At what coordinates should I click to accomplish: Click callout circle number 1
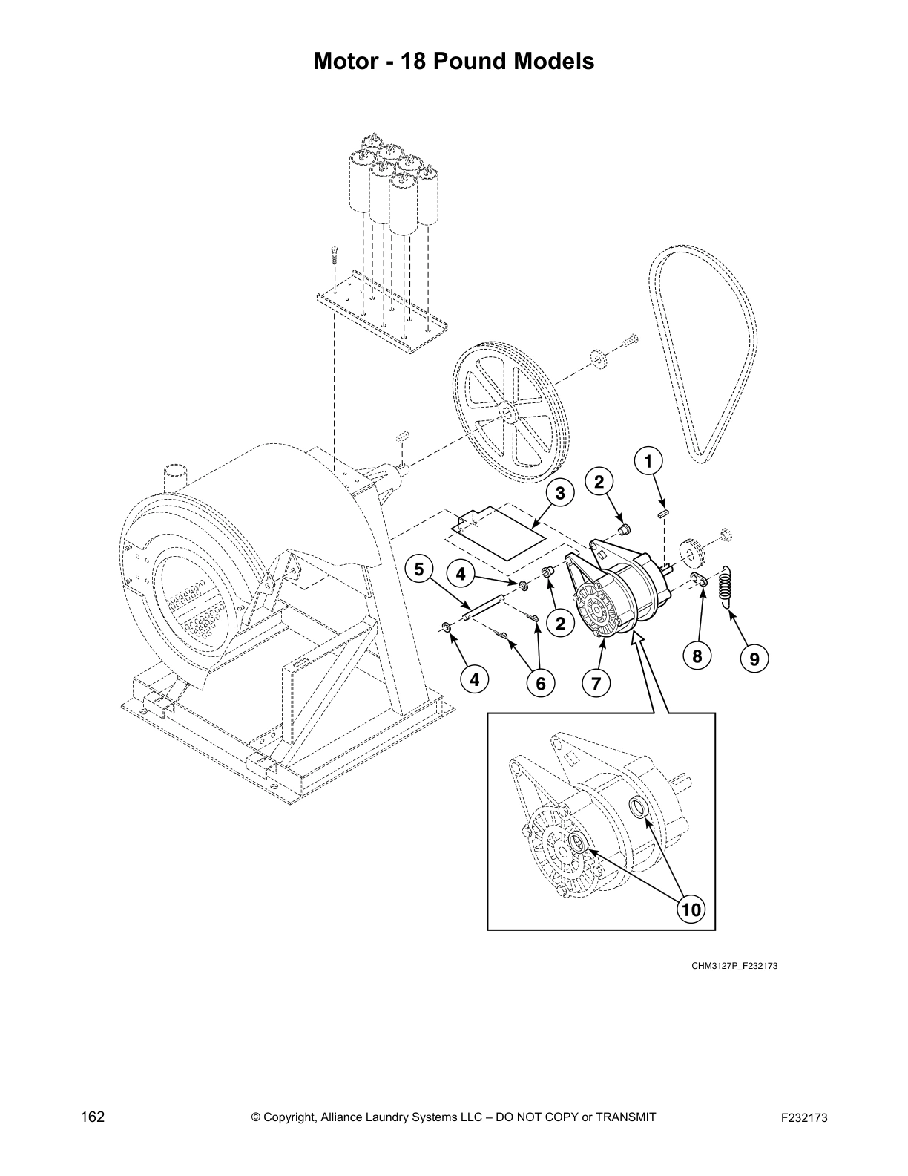pyautogui.click(x=648, y=461)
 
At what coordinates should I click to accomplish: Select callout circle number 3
pyautogui.click(x=561, y=493)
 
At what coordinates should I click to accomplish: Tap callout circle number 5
pyautogui.click(x=419, y=569)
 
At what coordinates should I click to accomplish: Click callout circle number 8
pyautogui.click(x=697, y=656)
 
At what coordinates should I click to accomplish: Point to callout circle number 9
pyautogui.click(x=754, y=658)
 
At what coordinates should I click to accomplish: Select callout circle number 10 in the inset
pyautogui.click(x=690, y=908)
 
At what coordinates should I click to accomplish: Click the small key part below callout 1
pyautogui.click(x=665, y=510)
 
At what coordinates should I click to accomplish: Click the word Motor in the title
pyautogui.click(x=346, y=60)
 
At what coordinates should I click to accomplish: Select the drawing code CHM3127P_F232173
pyautogui.click(x=734, y=966)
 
